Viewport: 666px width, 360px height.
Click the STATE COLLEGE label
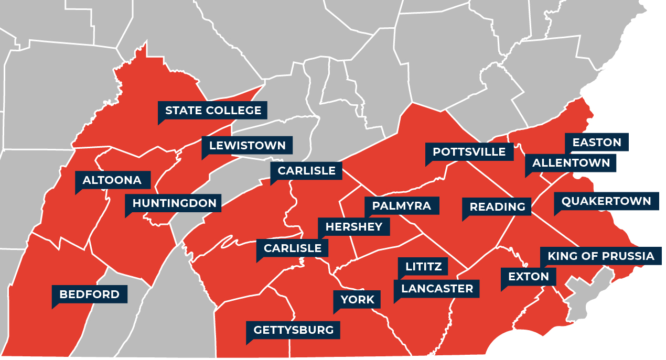point(213,111)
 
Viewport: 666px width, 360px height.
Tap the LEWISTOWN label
point(247,146)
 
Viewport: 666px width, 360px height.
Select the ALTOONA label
point(112,180)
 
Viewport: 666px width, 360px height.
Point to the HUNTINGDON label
point(174,203)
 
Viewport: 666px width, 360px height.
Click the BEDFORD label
point(89,294)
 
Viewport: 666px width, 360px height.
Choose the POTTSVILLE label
point(469,152)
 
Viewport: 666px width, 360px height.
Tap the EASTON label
point(596,143)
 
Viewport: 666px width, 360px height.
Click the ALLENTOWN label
point(571,163)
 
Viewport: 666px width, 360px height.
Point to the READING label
point(497,206)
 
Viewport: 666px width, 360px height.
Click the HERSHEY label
point(354,227)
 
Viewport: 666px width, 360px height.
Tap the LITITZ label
point(423,266)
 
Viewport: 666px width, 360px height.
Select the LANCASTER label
point(437,288)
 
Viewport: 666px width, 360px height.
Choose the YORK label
point(357,300)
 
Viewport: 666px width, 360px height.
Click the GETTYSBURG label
point(293,330)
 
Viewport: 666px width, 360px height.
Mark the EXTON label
point(528,276)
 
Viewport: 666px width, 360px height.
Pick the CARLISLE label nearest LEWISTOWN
point(306,171)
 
